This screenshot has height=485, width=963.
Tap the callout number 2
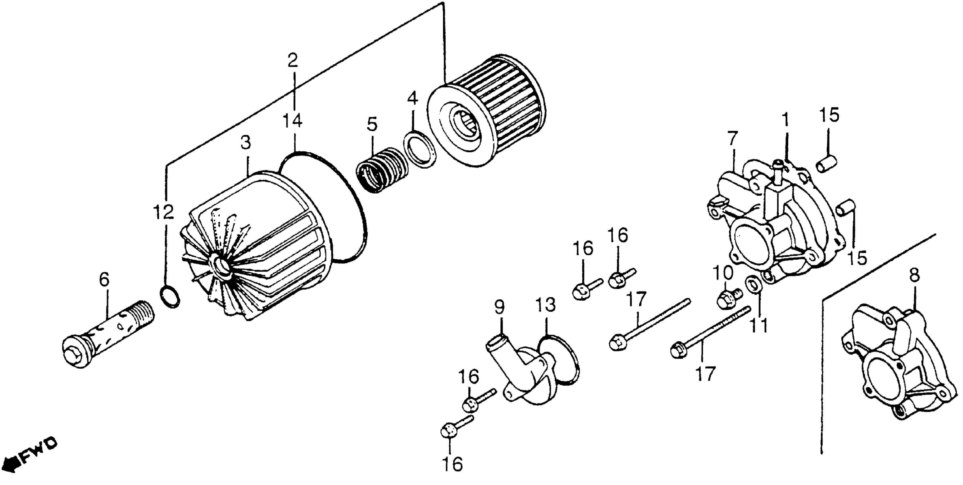click(x=292, y=60)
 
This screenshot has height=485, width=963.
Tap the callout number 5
click(x=372, y=124)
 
